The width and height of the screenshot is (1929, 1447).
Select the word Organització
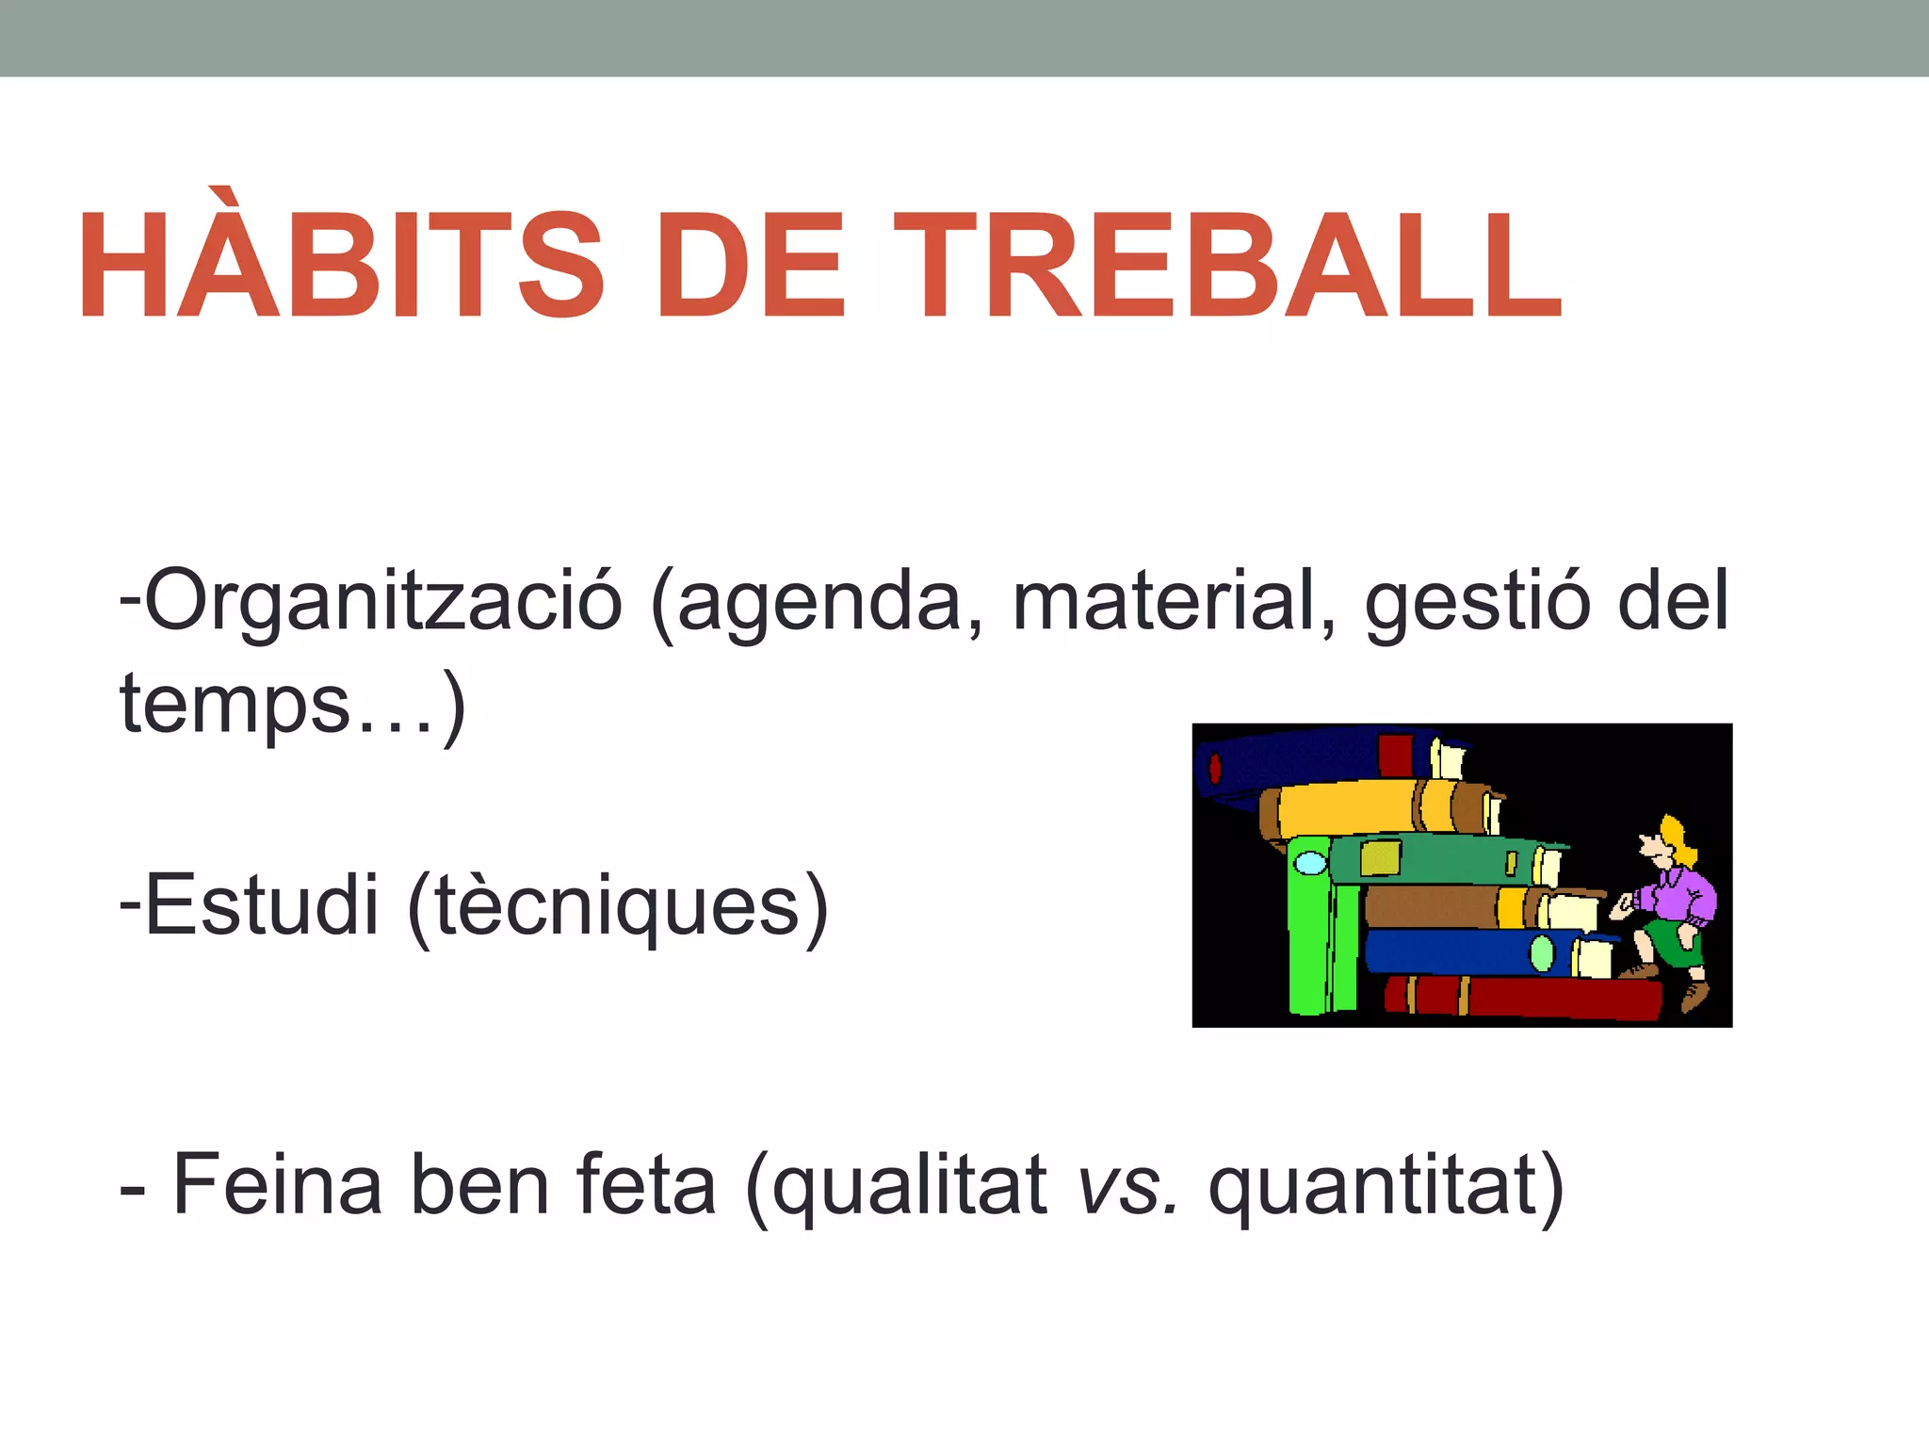click(x=382, y=603)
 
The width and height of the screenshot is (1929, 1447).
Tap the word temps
click(x=235, y=705)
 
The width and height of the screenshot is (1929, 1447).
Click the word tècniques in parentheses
click(x=618, y=906)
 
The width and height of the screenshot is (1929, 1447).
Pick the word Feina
click(x=278, y=1185)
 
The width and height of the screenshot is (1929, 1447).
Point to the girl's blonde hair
click(x=1677, y=838)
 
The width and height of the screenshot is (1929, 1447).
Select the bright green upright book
click(x=1309, y=942)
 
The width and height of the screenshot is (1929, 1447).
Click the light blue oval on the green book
click(x=1310, y=862)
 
